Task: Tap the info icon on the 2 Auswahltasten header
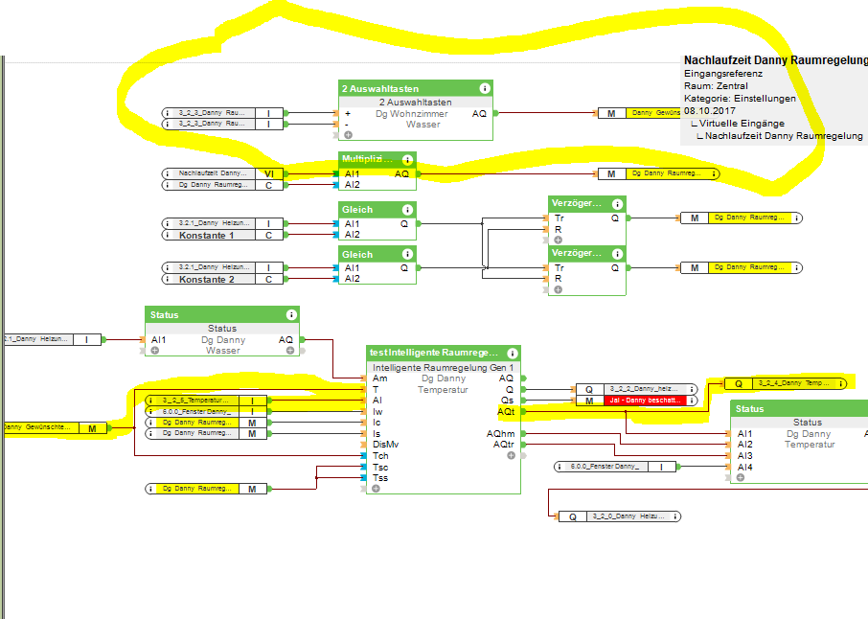click(x=485, y=88)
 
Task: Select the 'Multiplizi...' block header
click(x=367, y=159)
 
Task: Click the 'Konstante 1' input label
click(x=206, y=235)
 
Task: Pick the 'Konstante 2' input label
click(x=206, y=279)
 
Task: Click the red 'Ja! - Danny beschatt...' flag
click(x=644, y=401)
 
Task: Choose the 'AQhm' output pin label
click(x=501, y=433)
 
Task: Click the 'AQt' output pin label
click(x=506, y=411)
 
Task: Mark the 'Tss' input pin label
click(x=380, y=477)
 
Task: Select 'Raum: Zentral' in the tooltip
click(x=716, y=86)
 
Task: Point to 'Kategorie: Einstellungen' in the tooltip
click(x=739, y=99)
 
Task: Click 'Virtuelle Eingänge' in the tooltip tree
click(x=742, y=124)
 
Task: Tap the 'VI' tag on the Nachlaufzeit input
click(x=269, y=173)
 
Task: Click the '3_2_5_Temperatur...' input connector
click(x=195, y=401)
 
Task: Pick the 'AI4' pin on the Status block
click(x=744, y=467)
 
